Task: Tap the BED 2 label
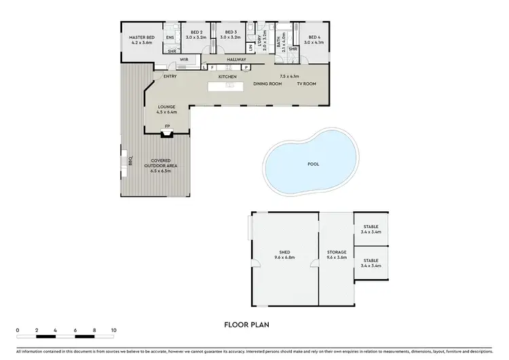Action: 197,32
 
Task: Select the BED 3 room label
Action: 231,32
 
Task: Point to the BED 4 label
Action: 314,37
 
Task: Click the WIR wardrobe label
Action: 183,60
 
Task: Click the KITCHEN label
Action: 227,77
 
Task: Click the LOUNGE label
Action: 167,107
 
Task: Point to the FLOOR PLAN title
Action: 246,325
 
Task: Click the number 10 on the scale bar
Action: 113,330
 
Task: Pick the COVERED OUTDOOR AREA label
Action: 161,162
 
